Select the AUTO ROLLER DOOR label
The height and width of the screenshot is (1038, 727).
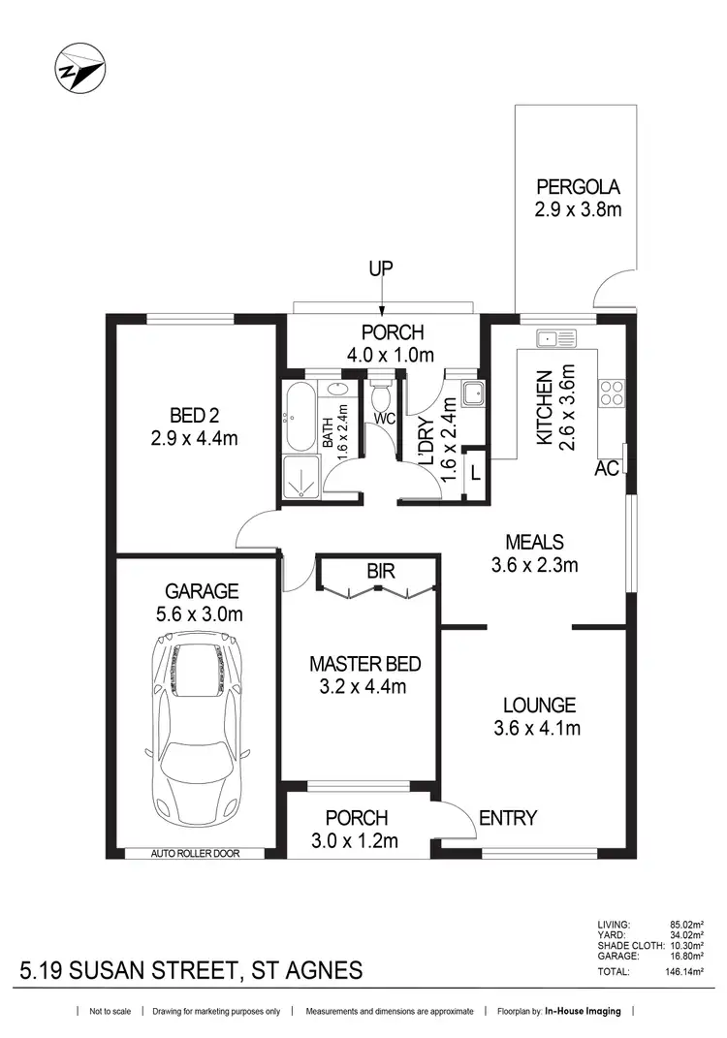click(195, 854)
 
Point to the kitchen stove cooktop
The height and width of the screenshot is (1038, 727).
click(611, 393)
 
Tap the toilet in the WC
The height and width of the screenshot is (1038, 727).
click(382, 394)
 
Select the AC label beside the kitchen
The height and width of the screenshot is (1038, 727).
click(608, 468)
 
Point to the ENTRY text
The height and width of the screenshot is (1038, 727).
click(508, 818)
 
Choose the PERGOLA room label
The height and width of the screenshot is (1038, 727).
click(578, 187)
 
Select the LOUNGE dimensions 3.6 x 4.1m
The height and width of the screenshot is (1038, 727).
click(538, 728)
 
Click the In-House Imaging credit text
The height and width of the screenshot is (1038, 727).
click(582, 1012)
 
